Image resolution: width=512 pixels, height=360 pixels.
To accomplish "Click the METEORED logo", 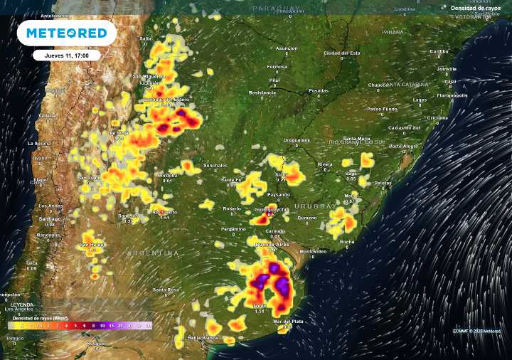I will (66, 33).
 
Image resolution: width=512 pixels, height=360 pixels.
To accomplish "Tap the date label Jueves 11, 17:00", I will (66, 55).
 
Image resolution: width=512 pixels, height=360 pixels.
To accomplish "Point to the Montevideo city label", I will (313, 251).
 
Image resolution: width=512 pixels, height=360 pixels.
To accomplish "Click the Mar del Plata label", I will (287, 322).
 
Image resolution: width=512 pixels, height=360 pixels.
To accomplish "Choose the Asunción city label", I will (287, 48).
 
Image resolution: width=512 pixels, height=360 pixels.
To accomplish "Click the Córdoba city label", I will (167, 175).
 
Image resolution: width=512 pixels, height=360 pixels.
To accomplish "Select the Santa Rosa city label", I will (165, 290).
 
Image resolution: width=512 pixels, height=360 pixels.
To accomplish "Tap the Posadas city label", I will (319, 91).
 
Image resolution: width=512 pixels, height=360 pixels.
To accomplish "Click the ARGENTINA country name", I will (154, 253).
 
